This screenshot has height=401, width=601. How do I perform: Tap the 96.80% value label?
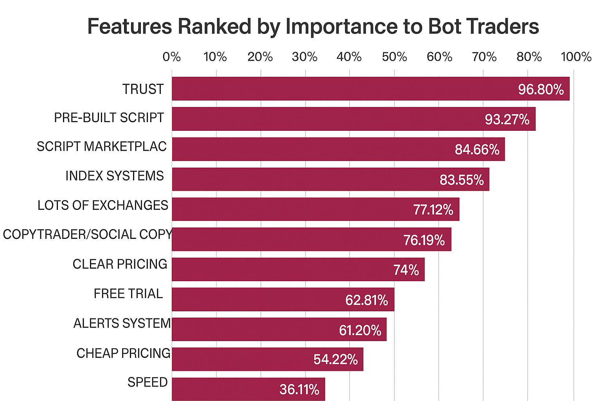point(541,89)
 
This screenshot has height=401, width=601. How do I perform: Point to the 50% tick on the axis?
point(394,57)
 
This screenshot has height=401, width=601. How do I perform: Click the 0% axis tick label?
point(172,57)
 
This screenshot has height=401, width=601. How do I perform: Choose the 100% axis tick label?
point(576,57)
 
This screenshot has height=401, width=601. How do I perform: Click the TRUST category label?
point(143,89)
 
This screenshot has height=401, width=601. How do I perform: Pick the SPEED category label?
point(148,382)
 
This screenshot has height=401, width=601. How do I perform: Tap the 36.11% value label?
point(299,389)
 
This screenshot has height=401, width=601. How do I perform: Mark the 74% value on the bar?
point(406,270)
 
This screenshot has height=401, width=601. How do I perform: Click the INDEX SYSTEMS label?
point(115,176)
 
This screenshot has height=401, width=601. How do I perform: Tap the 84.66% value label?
point(477,149)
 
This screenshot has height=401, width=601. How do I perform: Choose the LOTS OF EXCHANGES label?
point(103,205)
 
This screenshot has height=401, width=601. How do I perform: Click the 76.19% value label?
point(424,240)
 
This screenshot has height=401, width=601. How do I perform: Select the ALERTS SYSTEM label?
point(122,323)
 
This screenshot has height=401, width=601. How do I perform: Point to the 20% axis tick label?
point(260,57)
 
